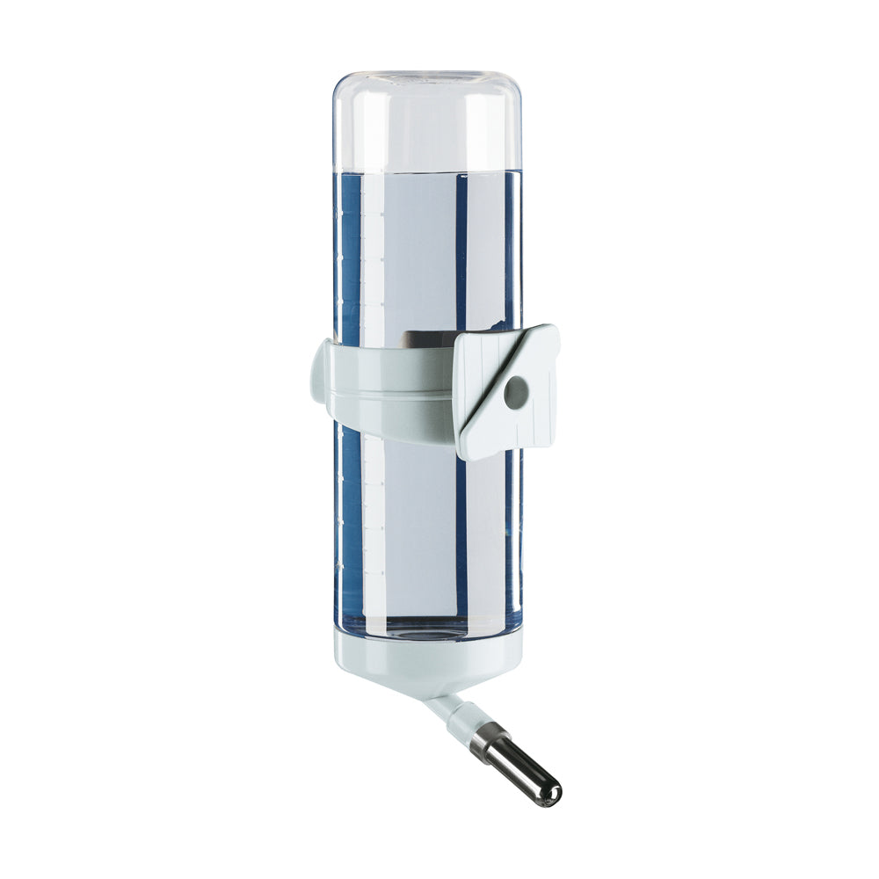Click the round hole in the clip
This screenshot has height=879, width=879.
point(514,392)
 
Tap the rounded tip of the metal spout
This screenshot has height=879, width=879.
point(551,795)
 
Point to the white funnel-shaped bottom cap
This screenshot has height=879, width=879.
point(428,665)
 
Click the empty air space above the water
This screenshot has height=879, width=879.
point(428,123)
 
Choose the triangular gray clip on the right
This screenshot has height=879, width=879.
point(505,391)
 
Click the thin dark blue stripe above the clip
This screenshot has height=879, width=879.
point(460,255)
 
